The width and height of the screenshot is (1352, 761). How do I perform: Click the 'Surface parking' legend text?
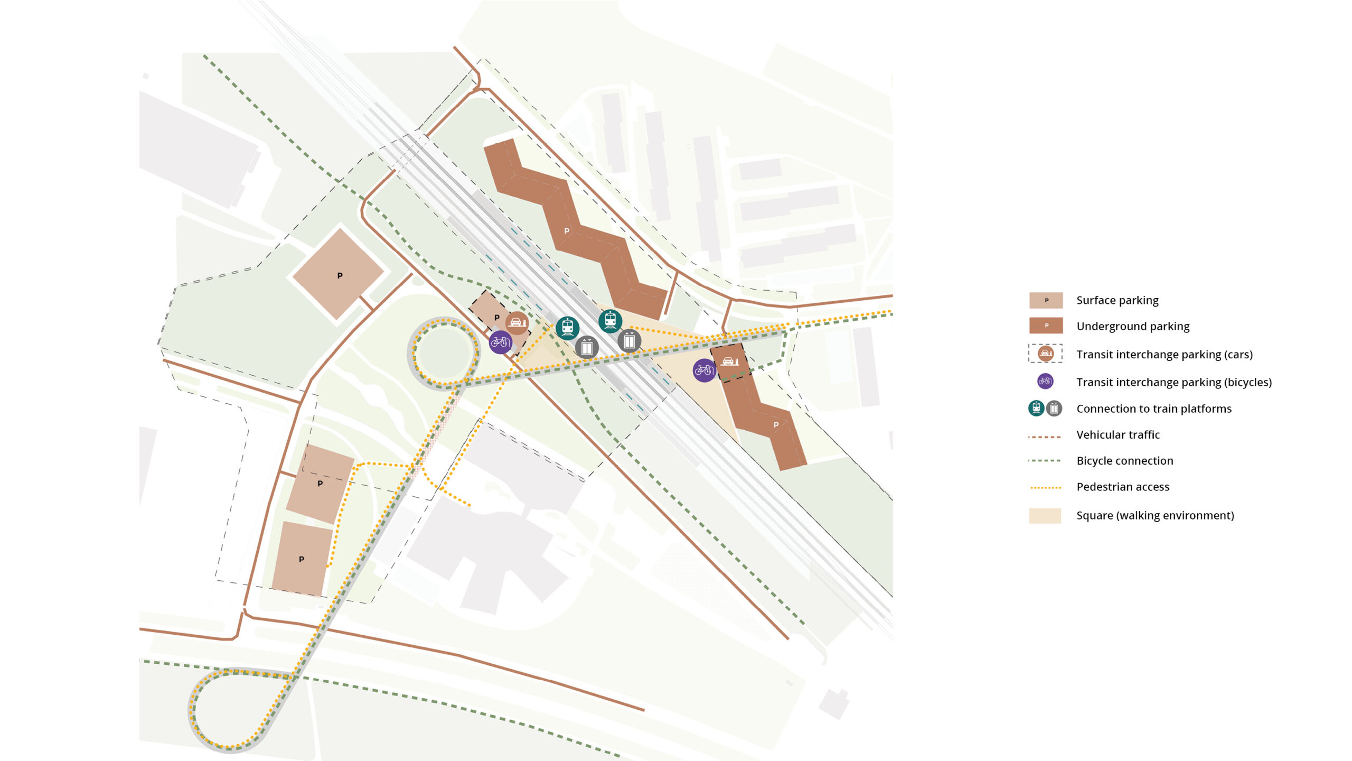tap(1117, 300)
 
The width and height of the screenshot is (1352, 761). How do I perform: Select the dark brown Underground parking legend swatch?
tap(1046, 326)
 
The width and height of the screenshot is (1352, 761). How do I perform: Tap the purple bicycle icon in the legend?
tap(1045, 381)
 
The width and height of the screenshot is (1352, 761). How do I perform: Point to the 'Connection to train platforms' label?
tap(1153, 409)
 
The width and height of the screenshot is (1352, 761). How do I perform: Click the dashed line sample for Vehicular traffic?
tap(1045, 437)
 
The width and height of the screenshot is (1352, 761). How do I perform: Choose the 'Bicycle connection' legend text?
tap(1124, 461)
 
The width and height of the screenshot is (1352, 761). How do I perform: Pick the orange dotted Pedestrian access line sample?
tap(1045, 488)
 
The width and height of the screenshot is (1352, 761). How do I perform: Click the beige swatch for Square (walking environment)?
tap(1045, 515)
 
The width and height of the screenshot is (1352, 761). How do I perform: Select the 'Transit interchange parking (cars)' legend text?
tap(1164, 354)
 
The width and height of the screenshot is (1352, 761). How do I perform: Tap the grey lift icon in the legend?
tap(1054, 408)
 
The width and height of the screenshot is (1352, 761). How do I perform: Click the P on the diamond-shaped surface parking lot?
tap(340, 275)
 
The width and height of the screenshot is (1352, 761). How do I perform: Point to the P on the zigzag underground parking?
tap(567, 231)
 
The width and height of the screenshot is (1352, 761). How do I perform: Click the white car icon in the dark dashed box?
tap(729, 361)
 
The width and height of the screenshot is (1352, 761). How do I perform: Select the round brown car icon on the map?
tap(516, 322)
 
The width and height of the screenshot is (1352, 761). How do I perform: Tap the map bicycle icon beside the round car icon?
tap(500, 342)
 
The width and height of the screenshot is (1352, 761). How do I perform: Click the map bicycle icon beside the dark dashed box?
tap(704, 370)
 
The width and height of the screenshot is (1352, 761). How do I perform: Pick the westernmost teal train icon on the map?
tap(567, 328)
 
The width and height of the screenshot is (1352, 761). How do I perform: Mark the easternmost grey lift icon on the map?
tap(629, 341)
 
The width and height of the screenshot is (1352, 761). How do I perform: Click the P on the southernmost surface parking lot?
tap(302, 559)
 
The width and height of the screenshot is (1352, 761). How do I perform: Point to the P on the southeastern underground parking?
tap(776, 425)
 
